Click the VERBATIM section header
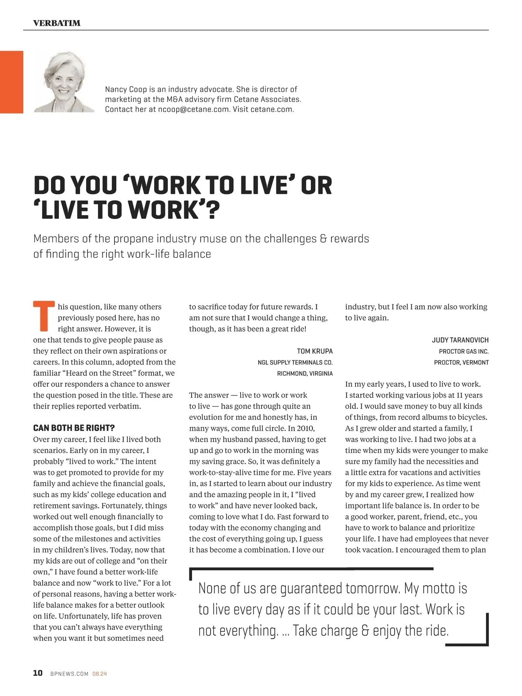(x=57, y=23)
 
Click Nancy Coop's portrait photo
(x=64, y=82)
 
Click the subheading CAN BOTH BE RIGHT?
(x=74, y=428)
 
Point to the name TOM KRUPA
(x=315, y=351)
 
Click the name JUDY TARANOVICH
(x=460, y=340)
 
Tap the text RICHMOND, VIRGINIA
(x=305, y=374)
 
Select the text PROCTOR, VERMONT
(x=461, y=362)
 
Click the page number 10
(x=38, y=673)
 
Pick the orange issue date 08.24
(x=100, y=674)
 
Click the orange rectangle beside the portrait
(x=12, y=82)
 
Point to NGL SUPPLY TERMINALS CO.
(x=295, y=362)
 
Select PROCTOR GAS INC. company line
(x=464, y=351)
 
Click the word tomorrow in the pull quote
(x=372, y=588)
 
